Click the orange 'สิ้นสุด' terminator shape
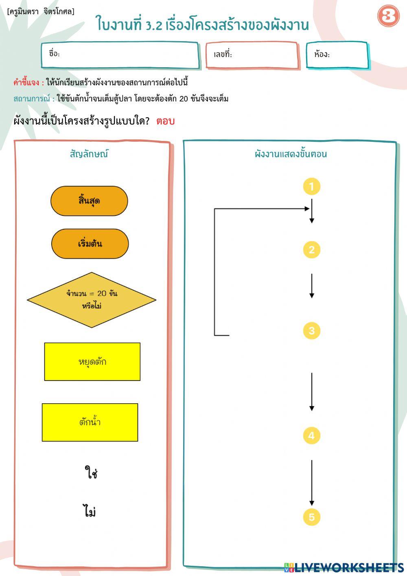click(x=89, y=201)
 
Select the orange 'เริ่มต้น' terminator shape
click(x=90, y=244)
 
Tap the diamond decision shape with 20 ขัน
click(x=92, y=300)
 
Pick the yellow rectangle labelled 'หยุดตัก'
click(x=92, y=362)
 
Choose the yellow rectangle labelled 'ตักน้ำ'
click(x=90, y=422)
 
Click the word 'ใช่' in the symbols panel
click(x=91, y=473)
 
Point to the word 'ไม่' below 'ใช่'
click(x=90, y=511)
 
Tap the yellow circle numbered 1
click(x=312, y=187)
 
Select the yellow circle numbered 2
click(x=312, y=250)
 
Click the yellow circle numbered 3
click(x=312, y=330)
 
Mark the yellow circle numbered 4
click(x=312, y=435)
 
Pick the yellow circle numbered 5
click(x=312, y=517)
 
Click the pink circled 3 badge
click(x=388, y=16)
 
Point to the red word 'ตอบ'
click(x=166, y=121)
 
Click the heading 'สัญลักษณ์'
click(x=89, y=154)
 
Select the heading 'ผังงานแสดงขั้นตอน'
click(x=291, y=154)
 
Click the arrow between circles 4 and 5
click(x=312, y=483)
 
